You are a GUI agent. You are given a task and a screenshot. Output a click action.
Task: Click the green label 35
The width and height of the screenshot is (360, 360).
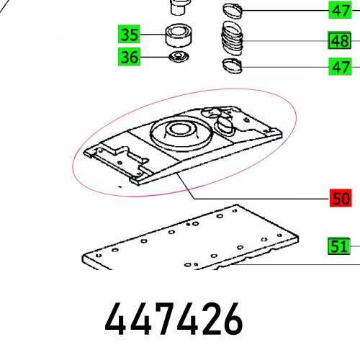tap(130, 34)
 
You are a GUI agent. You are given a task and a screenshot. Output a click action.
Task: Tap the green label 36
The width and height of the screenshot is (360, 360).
tap(130, 57)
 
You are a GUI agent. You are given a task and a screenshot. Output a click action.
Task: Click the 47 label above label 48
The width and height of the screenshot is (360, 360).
tap(339, 10)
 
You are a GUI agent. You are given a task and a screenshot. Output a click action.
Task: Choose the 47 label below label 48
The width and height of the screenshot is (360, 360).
tap(339, 68)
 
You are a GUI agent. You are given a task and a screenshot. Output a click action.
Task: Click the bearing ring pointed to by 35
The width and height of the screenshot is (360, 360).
tap(176, 34)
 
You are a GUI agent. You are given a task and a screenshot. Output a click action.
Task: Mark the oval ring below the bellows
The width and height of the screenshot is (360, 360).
tap(233, 67)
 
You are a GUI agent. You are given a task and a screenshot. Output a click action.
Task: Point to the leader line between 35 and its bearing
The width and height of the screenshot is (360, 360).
tap(153, 34)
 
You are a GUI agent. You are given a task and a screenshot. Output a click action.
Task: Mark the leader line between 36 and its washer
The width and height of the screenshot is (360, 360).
tap(153, 57)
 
